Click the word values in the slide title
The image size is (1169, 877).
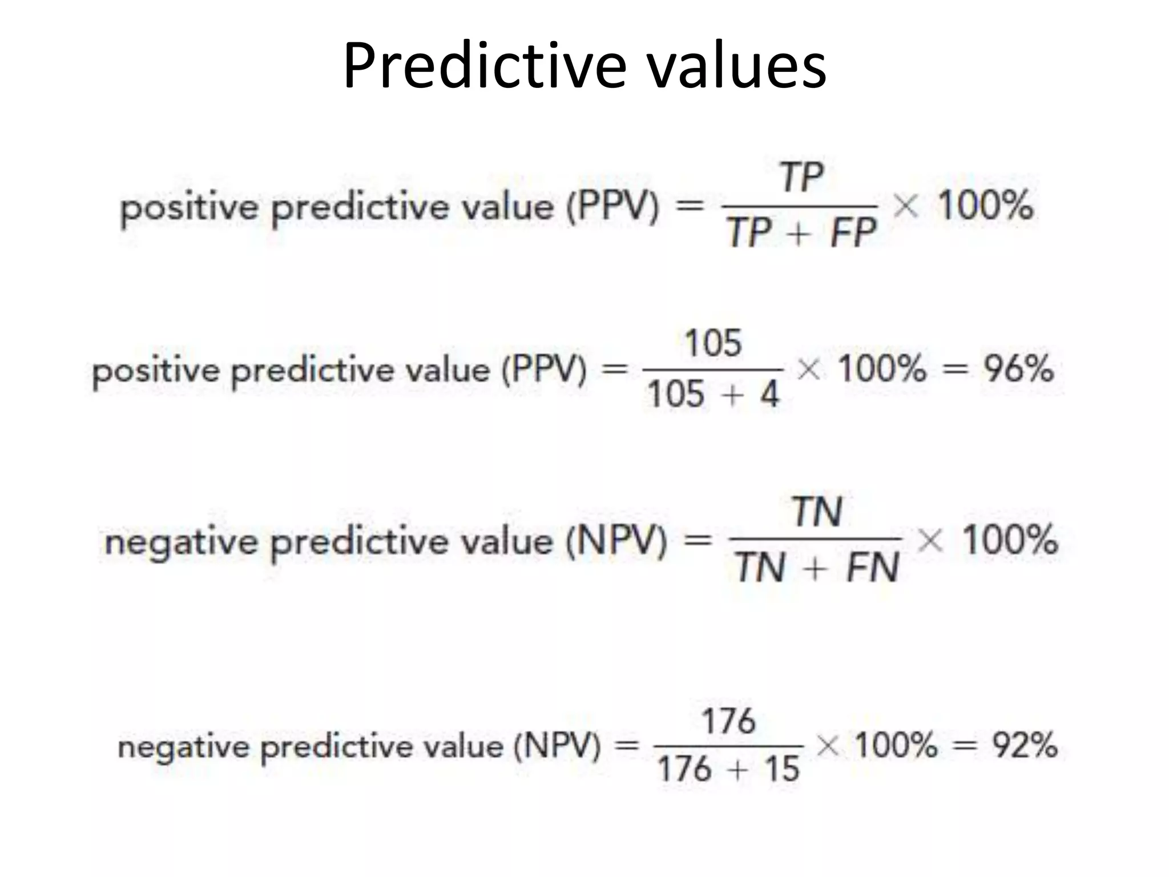[736, 66]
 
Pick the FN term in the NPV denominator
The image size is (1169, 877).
[872, 568]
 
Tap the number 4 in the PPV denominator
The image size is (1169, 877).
[769, 394]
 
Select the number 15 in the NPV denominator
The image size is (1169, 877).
[781, 769]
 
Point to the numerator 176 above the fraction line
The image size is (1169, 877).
[728, 721]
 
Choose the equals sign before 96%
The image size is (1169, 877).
[955, 369]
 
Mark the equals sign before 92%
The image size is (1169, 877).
[965, 746]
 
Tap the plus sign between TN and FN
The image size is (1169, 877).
[816, 569]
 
